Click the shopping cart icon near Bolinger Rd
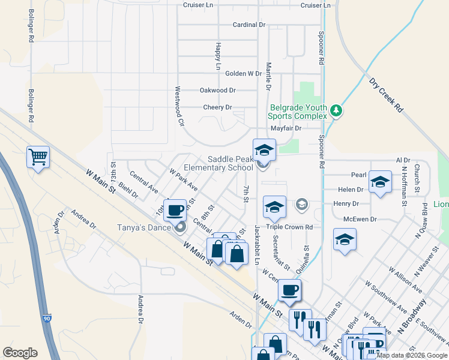[38, 157]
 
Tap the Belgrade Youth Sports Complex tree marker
[337, 110]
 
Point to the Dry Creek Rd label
[387, 95]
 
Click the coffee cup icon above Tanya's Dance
[175, 211]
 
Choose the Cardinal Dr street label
[249, 25]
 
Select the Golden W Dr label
[243, 74]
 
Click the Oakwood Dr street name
[217, 90]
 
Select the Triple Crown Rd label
[291, 227]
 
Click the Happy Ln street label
[218, 56]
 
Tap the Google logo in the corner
[20, 353]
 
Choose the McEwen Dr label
[360, 220]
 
